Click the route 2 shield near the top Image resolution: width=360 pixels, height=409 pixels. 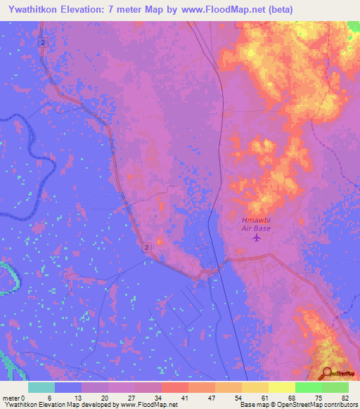[44, 43]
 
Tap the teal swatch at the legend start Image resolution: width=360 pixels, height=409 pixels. [41, 387]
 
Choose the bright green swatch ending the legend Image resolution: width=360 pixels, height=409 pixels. [335, 387]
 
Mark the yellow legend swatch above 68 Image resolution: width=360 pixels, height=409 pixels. [281, 387]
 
